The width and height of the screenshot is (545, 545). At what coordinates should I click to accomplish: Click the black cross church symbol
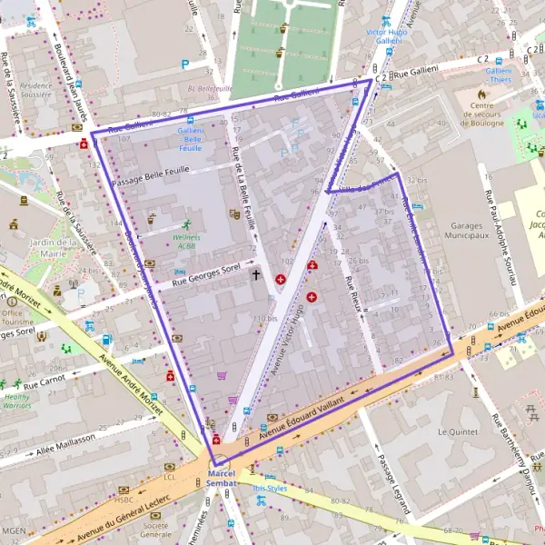coord(255,273)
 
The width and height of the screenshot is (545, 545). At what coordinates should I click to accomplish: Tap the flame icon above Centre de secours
coord(481,94)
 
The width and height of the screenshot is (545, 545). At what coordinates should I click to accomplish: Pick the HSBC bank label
coord(124,499)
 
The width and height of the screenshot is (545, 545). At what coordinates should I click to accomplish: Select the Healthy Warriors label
coord(16,401)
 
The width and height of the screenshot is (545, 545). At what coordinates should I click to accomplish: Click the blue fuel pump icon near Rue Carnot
coord(106,340)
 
